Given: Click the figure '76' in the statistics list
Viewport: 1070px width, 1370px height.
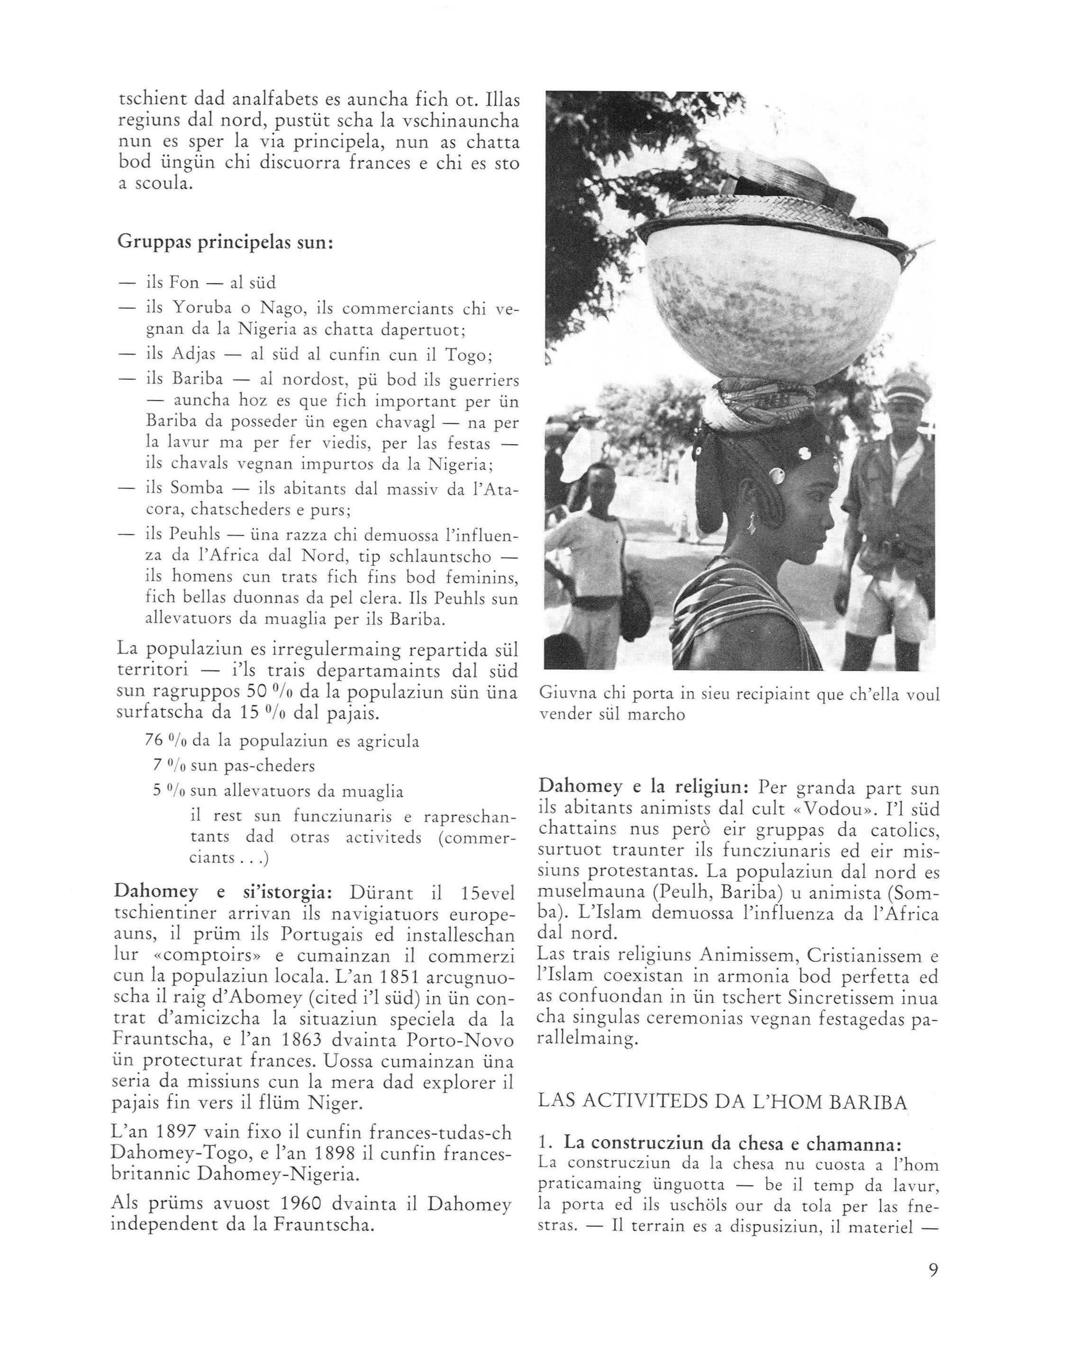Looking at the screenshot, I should tap(154, 741).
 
